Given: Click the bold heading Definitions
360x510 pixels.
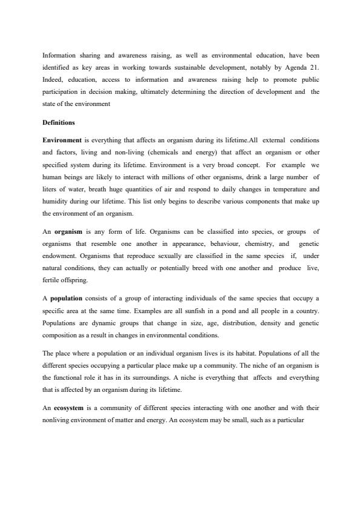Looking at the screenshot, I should pos(59,123).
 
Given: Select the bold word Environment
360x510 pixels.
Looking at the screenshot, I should pos(61,140).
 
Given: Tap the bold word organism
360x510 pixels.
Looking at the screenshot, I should pos(68,231).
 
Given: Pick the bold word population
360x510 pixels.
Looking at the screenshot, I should pos(70,299).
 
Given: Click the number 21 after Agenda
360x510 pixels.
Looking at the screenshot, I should pos(313,68).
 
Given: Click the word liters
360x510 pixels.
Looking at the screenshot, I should pos(51,187).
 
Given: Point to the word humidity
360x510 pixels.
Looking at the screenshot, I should pos(57,198).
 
